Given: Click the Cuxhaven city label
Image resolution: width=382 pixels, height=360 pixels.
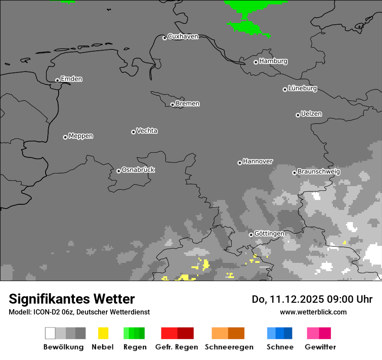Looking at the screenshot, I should pyautogui.click(x=183, y=36).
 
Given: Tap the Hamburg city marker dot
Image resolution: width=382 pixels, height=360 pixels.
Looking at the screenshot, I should pyautogui.click(x=256, y=62).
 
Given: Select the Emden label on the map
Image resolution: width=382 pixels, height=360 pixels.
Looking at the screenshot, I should pyautogui.click(x=71, y=79).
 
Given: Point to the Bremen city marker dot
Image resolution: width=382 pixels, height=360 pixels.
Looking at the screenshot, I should pyautogui.click(x=172, y=105).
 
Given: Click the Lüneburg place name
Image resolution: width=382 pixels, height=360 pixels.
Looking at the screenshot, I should pyautogui.click(x=303, y=88).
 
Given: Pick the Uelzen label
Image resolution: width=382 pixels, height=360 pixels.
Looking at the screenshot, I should pyautogui.click(x=311, y=114).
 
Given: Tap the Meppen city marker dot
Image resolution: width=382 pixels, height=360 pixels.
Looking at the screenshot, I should pyautogui.click(x=65, y=137).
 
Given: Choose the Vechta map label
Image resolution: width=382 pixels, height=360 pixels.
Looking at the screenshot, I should pyautogui.click(x=147, y=131).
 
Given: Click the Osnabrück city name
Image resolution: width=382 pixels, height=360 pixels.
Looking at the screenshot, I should pyautogui.click(x=138, y=170).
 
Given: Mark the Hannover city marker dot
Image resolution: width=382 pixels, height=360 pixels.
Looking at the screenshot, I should pyautogui.click(x=240, y=163).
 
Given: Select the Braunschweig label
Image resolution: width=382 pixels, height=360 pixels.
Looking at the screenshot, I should pyautogui.click(x=319, y=172).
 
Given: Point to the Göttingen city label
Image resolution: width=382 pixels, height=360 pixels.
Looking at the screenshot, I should pyautogui.click(x=269, y=234).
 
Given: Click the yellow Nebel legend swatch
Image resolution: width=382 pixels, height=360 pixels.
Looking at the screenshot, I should pyautogui.click(x=103, y=333).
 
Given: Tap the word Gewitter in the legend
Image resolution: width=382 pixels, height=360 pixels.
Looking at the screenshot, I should pyautogui.click(x=320, y=347).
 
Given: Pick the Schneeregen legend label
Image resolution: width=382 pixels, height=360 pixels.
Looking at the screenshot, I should pyautogui.click(x=229, y=347).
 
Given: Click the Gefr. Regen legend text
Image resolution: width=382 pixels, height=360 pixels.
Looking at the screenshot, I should pyautogui.click(x=176, y=347).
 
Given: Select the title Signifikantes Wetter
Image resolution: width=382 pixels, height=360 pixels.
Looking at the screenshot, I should pyautogui.click(x=72, y=299).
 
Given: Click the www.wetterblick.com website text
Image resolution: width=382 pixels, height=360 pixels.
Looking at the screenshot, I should pyautogui.click(x=313, y=312).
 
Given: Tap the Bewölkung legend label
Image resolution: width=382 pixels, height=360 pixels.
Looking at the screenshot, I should pyautogui.click(x=63, y=347).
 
